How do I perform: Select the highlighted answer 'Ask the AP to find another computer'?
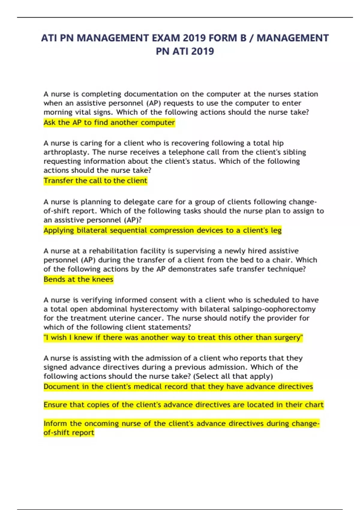[x=109, y=122]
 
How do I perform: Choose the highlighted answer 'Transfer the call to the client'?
[x=95, y=181]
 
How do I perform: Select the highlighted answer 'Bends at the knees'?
[x=78, y=279]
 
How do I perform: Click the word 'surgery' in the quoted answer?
[x=287, y=338]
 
